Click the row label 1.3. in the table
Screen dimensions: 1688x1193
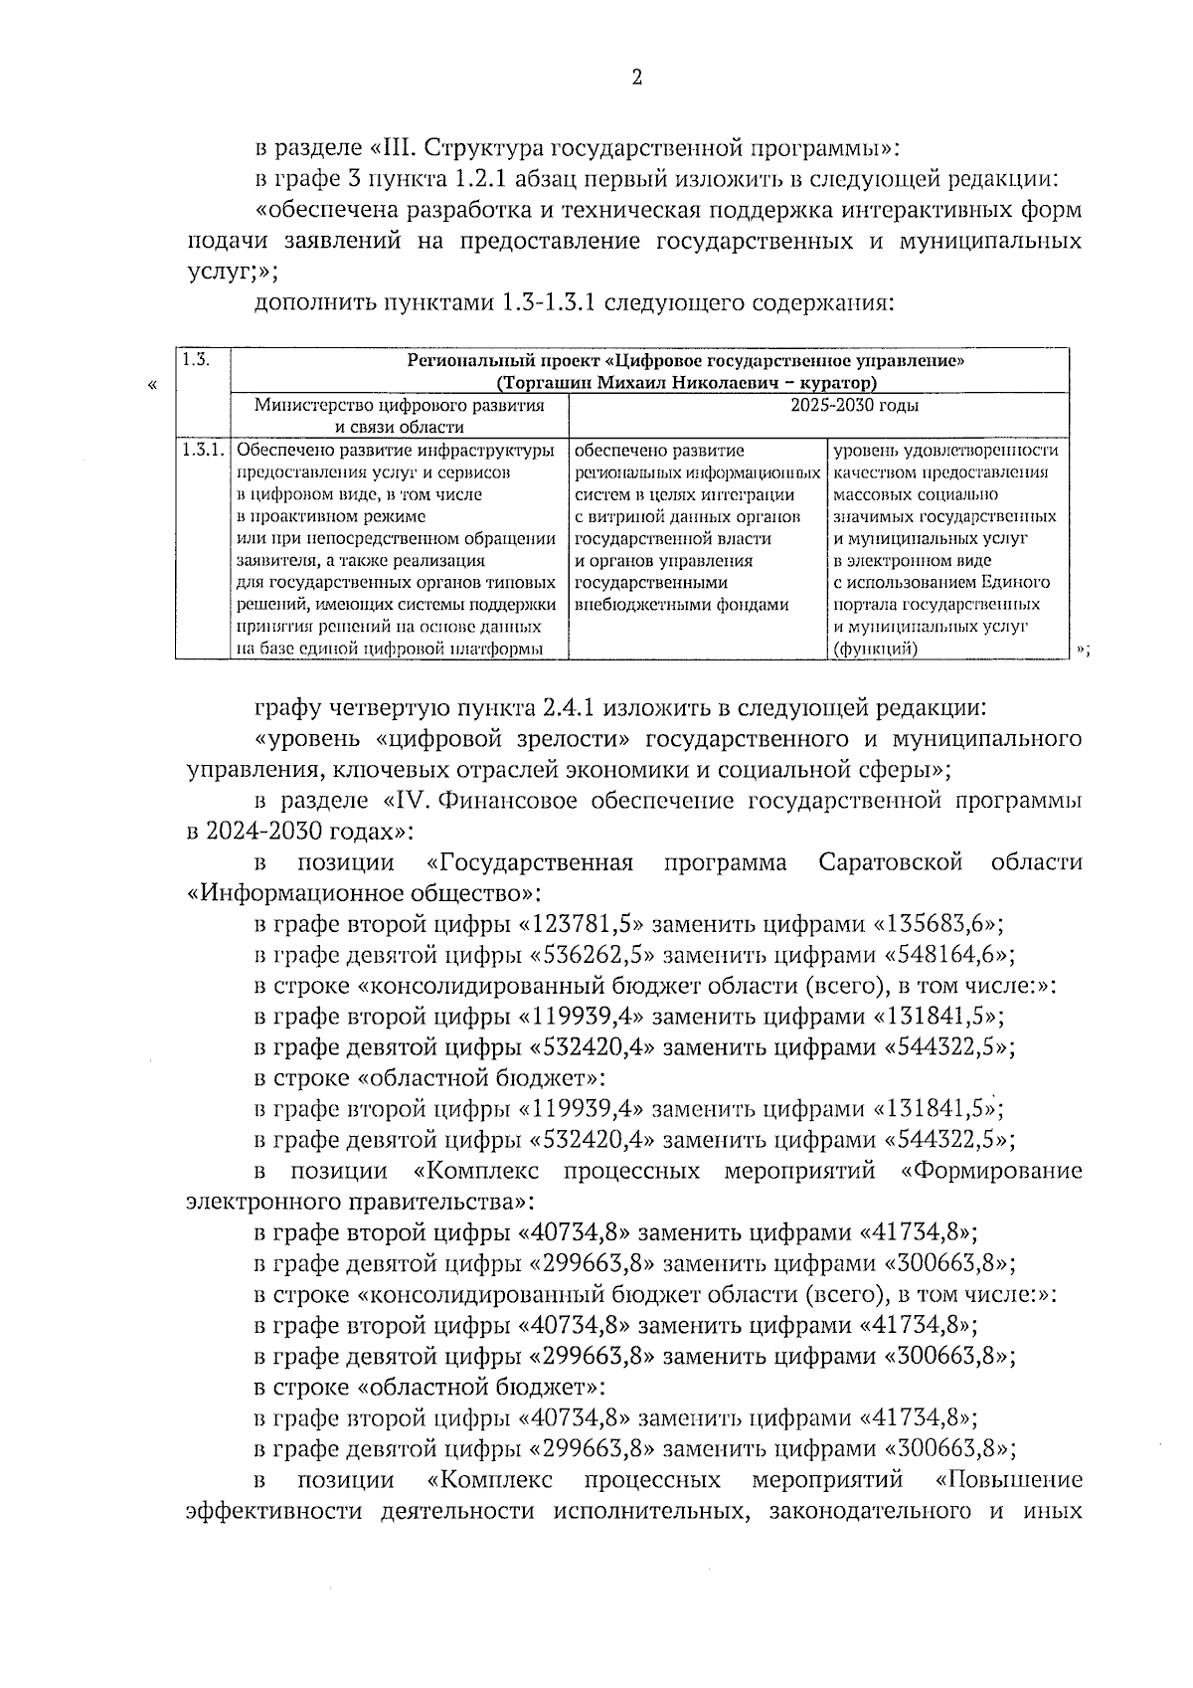(x=197, y=360)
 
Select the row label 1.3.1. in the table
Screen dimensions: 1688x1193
(x=202, y=451)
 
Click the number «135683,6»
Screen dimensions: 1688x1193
(x=937, y=924)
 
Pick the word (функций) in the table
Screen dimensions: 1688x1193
(x=875, y=649)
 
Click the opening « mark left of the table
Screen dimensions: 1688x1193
(x=152, y=386)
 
